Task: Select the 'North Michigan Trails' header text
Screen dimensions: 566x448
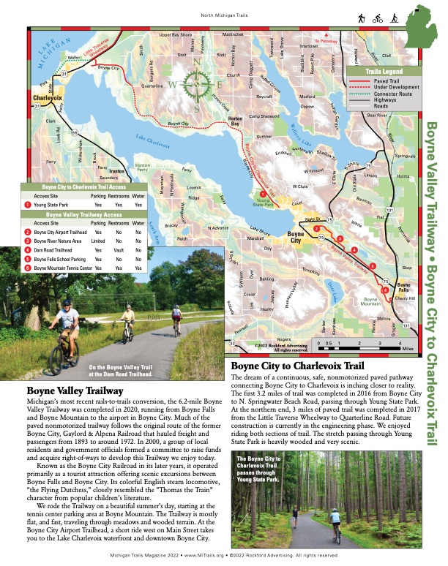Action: point(223,15)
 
